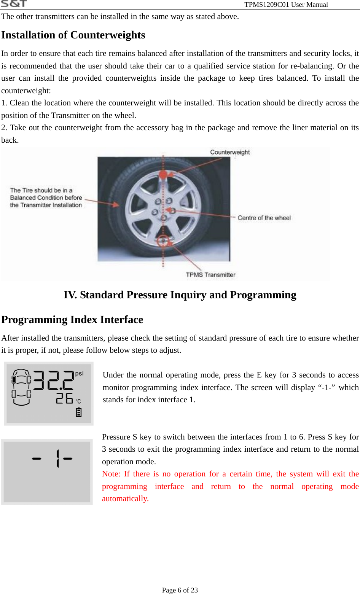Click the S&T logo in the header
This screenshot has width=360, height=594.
click(x=14, y=4)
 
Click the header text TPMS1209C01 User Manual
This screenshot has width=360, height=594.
click(x=286, y=5)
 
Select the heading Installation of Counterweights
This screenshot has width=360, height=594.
click(x=73, y=35)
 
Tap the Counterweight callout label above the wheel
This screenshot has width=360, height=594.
click(x=230, y=152)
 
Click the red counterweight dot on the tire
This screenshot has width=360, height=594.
click(x=163, y=175)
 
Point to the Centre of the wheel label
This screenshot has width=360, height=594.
click(x=264, y=218)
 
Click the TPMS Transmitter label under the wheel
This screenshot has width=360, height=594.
click(x=210, y=275)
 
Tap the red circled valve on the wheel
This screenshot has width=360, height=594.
click(x=163, y=241)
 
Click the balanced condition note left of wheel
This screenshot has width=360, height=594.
click(x=46, y=197)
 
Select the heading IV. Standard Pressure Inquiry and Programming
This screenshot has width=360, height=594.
click(x=180, y=295)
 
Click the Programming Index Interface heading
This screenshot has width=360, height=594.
click(x=72, y=320)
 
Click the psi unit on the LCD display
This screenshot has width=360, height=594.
click(x=79, y=374)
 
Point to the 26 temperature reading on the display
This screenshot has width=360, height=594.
click(x=64, y=398)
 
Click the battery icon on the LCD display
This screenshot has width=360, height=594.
click(x=79, y=412)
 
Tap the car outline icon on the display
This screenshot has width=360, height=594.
click(x=21, y=387)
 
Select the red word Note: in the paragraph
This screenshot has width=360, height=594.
click(x=111, y=474)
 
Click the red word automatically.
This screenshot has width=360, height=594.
click(x=125, y=499)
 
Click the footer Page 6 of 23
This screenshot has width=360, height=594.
click(x=180, y=590)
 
